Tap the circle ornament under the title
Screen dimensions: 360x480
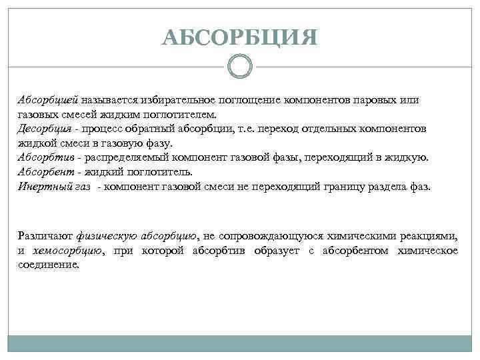coord(239,66)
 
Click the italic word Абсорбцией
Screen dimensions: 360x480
coord(48,99)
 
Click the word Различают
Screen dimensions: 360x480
coord(45,236)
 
